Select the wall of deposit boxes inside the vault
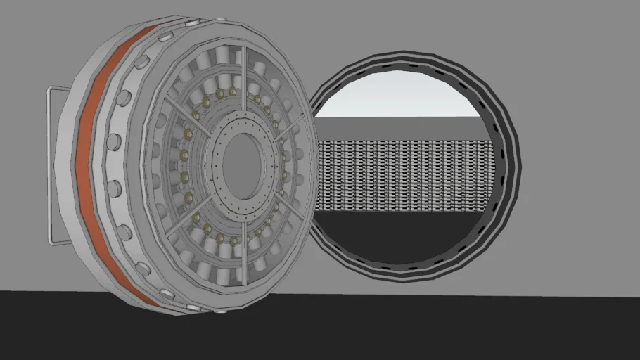point(401,176)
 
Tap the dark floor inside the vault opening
point(401,239)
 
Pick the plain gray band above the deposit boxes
point(401,128)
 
